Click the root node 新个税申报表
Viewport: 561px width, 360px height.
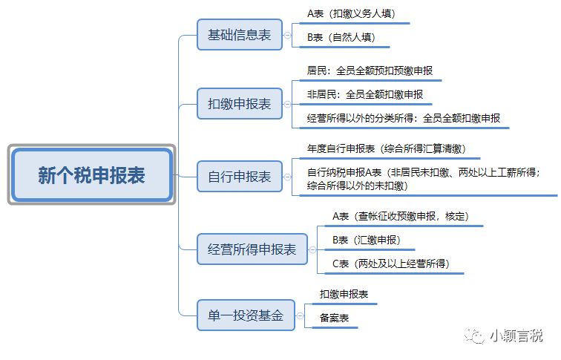pos(92,175)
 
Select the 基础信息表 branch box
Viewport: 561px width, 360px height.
pos(239,35)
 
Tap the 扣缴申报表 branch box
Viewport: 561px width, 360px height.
pos(239,104)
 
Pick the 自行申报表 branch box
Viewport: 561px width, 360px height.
pos(239,177)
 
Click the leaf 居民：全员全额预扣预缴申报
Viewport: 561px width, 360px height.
pos(369,71)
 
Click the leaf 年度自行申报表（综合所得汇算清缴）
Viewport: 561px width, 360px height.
pos(386,148)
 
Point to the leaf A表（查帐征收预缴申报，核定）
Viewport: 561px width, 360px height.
pos(401,217)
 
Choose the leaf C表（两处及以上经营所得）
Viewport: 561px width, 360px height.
pos(390,264)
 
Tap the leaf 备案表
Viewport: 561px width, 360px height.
pos(334,318)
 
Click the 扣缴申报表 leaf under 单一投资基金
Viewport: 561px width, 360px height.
pos(344,295)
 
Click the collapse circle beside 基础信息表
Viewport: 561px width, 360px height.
pos(288,35)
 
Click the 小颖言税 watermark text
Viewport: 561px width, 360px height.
pos(515,336)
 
